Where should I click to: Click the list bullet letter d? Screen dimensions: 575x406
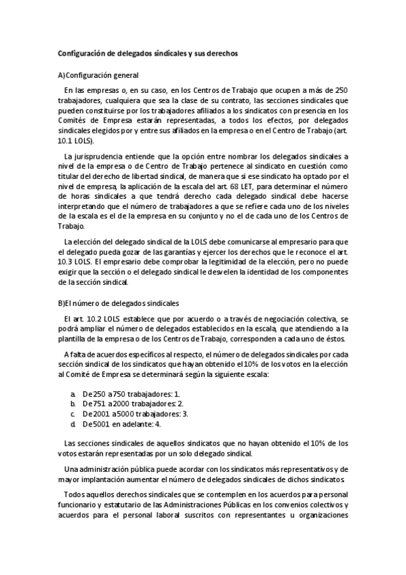point(73,424)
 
